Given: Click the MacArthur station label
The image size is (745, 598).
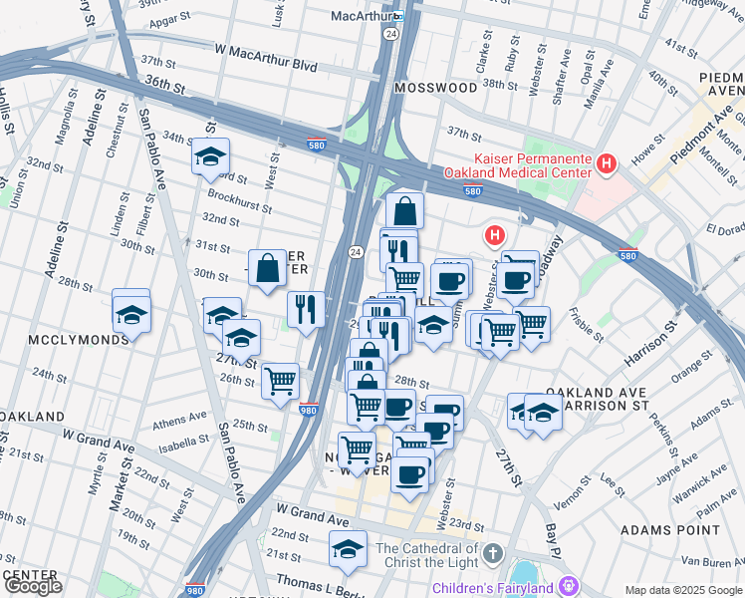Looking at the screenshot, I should click(x=364, y=16).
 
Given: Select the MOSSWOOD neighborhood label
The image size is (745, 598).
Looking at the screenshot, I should click(x=435, y=88).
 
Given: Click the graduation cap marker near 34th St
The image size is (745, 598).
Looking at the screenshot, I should click(x=210, y=157).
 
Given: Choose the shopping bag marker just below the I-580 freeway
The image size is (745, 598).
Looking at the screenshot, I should click(x=404, y=211).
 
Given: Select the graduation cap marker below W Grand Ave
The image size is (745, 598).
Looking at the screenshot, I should click(x=347, y=549).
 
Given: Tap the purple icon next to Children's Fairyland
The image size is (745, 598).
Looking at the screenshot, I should click(x=569, y=585).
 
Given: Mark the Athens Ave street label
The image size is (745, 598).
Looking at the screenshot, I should click(x=181, y=420).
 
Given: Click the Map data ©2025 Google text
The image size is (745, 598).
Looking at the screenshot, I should click(x=683, y=590).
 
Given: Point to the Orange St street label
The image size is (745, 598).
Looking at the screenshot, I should click(x=687, y=374).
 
